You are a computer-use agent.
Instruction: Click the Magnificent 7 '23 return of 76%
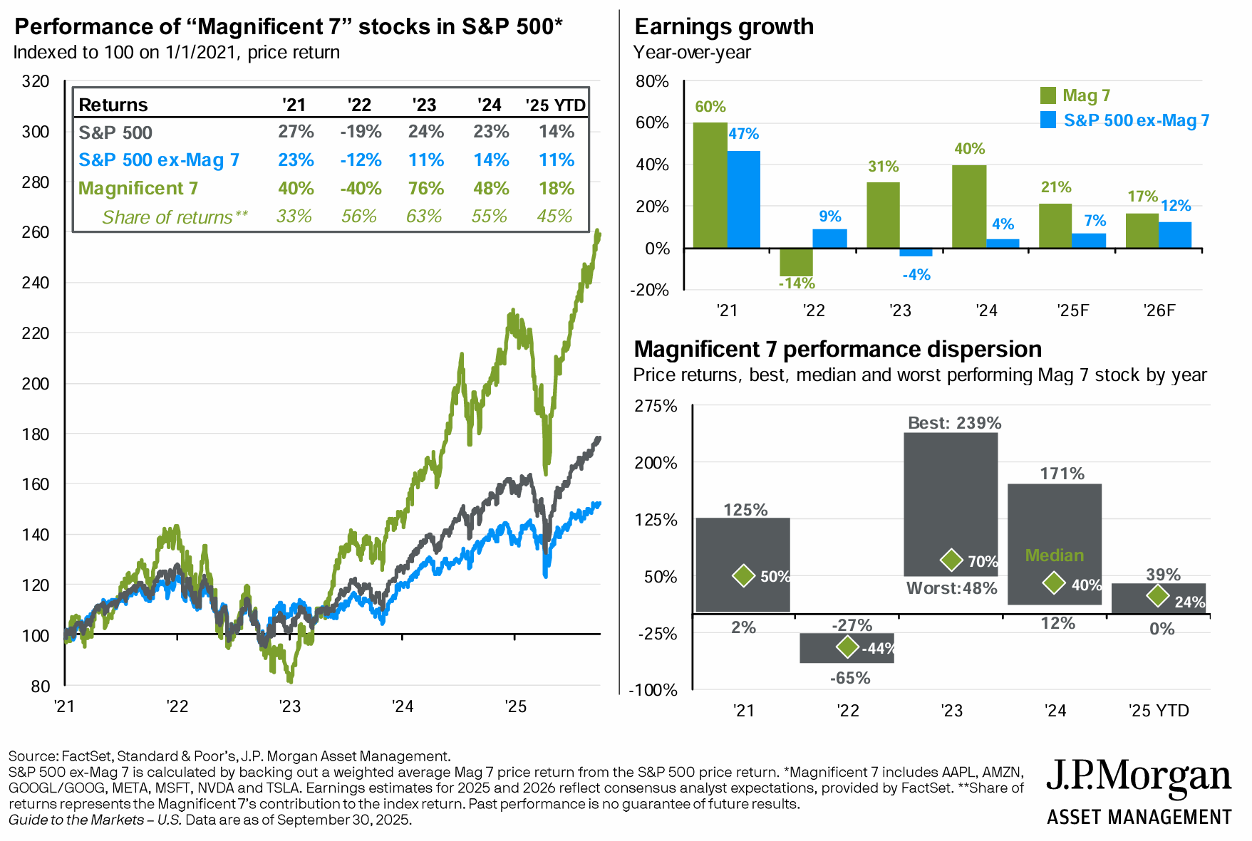click(425, 189)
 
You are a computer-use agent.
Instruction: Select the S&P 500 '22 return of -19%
click(361, 132)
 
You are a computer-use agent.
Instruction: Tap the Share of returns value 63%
click(424, 216)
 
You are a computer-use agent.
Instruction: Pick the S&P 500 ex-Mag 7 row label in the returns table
click(159, 160)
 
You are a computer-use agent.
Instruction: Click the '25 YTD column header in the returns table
click(555, 105)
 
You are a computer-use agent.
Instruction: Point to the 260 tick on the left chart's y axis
click(36, 232)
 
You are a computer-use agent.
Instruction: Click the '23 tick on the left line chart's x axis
click(290, 706)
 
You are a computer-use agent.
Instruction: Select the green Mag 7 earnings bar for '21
click(710, 185)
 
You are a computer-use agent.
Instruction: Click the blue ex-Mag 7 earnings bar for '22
click(829, 239)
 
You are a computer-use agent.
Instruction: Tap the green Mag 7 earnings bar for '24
click(969, 207)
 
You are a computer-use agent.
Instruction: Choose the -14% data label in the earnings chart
click(797, 283)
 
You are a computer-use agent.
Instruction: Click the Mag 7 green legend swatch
click(1048, 95)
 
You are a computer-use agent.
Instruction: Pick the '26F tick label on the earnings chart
click(1159, 310)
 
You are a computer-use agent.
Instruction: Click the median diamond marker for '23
click(951, 560)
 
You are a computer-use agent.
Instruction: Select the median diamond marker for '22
click(847, 647)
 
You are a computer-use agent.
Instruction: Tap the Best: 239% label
click(954, 423)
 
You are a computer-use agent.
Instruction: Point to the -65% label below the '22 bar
click(850, 678)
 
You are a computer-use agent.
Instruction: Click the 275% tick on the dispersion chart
click(656, 407)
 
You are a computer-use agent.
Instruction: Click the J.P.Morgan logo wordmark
click(1138, 778)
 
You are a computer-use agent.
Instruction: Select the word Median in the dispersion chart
click(1054, 555)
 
